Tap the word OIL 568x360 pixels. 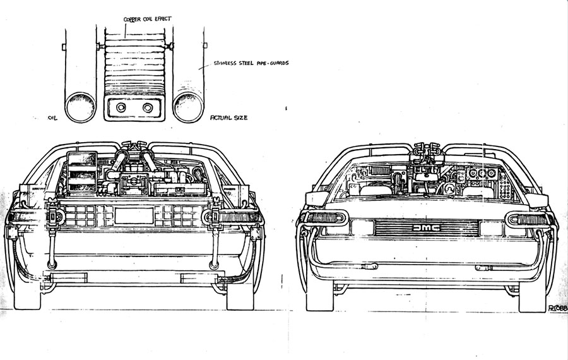(53, 117)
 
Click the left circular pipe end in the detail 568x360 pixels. (80, 106)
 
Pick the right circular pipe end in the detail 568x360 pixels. (189, 106)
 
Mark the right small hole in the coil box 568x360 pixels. (148, 107)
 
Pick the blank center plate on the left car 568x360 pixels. (134, 215)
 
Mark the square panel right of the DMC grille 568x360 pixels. (490, 228)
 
